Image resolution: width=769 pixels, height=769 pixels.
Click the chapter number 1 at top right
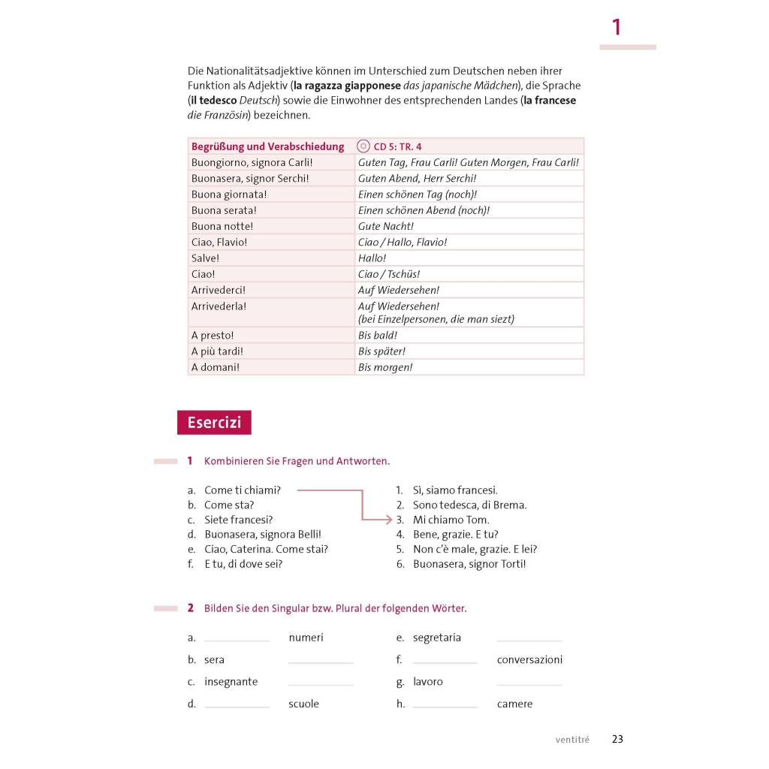[617, 28]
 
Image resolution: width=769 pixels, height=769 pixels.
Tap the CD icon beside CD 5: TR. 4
[364, 146]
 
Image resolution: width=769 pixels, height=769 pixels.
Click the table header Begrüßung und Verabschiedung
[267, 146]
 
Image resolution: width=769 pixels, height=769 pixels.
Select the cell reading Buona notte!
[222, 226]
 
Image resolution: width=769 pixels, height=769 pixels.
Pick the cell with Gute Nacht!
[386, 226]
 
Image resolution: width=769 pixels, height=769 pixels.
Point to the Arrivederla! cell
[219, 306]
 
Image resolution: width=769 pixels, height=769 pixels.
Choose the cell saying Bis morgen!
[385, 367]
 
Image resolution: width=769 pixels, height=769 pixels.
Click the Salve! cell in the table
[206, 258]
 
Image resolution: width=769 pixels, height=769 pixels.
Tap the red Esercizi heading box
[214, 423]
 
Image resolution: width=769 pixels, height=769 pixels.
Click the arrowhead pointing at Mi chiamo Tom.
[388, 520]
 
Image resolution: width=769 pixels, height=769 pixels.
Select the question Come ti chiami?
[242, 490]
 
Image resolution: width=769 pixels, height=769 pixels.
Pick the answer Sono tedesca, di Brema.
[469, 505]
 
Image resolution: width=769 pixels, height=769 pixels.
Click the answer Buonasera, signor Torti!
[469, 564]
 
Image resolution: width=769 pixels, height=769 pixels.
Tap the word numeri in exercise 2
[306, 638]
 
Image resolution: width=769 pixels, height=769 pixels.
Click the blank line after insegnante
[321, 683]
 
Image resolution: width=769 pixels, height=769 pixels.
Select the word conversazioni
[529, 660]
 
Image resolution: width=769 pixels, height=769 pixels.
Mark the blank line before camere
[445, 705]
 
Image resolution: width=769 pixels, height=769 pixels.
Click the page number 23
[617, 739]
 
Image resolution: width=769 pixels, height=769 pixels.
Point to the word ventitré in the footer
[572, 740]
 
